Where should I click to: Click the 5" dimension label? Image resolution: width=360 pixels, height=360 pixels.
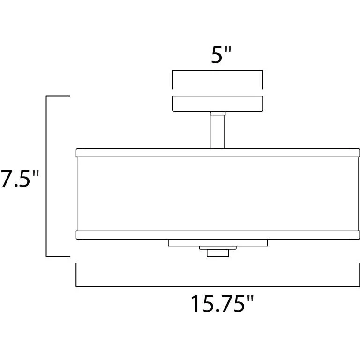coord(221,55)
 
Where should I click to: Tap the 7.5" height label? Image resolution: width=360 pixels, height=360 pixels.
coord(20,179)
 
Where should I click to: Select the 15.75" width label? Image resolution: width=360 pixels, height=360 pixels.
coord(223,304)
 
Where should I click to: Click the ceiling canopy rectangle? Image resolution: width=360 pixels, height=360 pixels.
coord(217,104)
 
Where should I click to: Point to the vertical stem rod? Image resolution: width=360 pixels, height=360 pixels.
coord(217,132)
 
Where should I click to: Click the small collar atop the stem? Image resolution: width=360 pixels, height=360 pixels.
coord(217,113)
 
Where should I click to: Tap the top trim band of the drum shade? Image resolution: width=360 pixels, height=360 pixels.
coord(217,153)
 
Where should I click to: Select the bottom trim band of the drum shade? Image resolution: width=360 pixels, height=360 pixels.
coord(217,235)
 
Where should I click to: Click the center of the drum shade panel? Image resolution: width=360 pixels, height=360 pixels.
coord(217,194)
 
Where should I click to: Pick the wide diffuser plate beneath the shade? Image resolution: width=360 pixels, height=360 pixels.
coord(217,243)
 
